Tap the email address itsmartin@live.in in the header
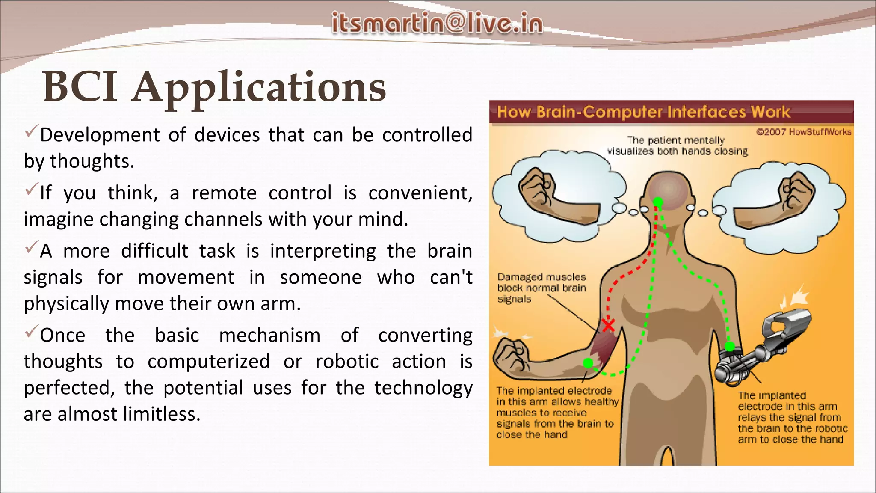pos(437,23)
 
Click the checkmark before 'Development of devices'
pos(32,131)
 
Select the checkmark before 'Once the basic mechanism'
pos(32,332)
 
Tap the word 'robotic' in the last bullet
pos(347,362)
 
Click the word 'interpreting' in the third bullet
pos(323,251)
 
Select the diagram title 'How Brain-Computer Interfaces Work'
pos(643,112)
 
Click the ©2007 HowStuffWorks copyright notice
pos(803,132)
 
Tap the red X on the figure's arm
pos(608,325)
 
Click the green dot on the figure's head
pos(658,202)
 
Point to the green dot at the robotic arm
pos(730,346)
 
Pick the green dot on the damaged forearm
pos(588,363)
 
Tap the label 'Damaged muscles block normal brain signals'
pos(541,288)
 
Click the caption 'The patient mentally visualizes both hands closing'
pos(677,146)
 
